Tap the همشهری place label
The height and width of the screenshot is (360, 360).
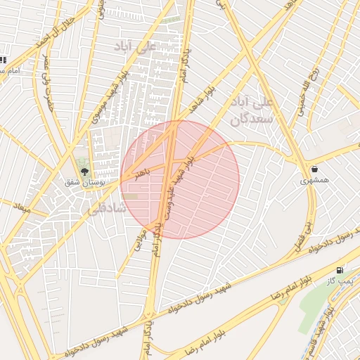314,181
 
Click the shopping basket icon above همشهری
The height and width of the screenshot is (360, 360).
314,169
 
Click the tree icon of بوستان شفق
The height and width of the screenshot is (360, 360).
84,172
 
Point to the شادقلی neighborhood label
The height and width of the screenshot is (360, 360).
105,209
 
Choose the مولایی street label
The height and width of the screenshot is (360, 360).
139,241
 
